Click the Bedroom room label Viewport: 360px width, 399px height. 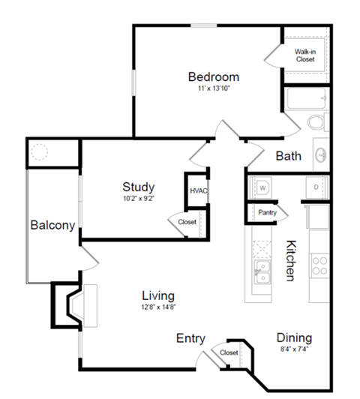pyautogui.click(x=213, y=76)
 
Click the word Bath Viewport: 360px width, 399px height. pyautogui.click(x=289, y=156)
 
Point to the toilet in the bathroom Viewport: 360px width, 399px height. pyautogui.click(x=318, y=121)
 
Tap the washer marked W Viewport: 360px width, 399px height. pyautogui.click(x=263, y=186)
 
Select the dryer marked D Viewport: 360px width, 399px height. pyautogui.click(x=316, y=186)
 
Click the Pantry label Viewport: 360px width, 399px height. pyautogui.click(x=267, y=212)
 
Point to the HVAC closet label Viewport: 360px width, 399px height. pyautogui.click(x=198, y=190)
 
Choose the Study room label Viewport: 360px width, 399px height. pyautogui.click(x=139, y=187)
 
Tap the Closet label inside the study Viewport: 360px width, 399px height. pyautogui.click(x=187, y=222)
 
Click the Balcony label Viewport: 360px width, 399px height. pyautogui.click(x=51, y=225)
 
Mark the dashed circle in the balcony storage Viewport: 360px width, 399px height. pyautogui.click(x=39, y=153)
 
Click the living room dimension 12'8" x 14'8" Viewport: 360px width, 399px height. pyautogui.click(x=159, y=306)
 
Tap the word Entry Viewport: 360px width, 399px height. pyautogui.click(x=190, y=338)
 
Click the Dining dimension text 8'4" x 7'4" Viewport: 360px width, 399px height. pyautogui.click(x=294, y=349)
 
